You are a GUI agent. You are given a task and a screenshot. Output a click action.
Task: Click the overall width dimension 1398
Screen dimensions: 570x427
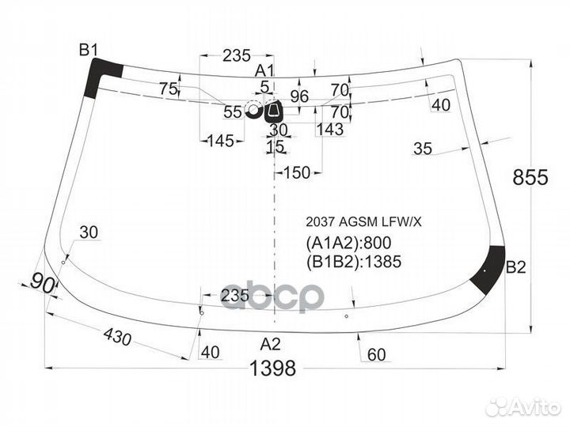[x=272, y=368]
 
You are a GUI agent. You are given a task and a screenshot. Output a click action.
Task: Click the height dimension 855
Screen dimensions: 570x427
[x=530, y=178]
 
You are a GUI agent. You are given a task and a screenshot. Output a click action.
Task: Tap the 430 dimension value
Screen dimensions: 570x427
[x=117, y=337]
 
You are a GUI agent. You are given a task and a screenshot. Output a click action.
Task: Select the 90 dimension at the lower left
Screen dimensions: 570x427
[x=43, y=284]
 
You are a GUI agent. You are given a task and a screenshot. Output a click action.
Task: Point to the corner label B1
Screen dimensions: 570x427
[x=89, y=50]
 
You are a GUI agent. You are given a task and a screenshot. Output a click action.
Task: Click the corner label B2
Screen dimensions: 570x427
[x=516, y=267]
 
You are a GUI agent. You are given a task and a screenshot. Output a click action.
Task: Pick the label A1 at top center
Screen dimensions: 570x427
[x=264, y=70]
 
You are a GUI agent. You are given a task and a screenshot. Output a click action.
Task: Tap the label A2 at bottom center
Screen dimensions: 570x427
[x=271, y=343]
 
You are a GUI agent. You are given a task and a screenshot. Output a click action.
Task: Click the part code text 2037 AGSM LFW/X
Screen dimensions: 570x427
[x=363, y=222]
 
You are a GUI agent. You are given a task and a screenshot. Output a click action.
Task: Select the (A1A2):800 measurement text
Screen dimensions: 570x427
[x=348, y=243]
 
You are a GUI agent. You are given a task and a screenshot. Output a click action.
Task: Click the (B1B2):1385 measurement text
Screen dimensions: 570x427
[x=354, y=262]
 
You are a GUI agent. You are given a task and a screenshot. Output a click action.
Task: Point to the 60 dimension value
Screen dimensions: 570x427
[x=376, y=354]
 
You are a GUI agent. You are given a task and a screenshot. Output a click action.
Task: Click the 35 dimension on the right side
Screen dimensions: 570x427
[x=423, y=149]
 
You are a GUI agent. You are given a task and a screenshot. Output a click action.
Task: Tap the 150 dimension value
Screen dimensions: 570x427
[x=297, y=173]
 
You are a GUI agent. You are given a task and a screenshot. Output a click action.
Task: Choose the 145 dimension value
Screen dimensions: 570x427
[x=220, y=141]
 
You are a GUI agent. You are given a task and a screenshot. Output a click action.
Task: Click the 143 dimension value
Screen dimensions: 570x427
[x=330, y=129]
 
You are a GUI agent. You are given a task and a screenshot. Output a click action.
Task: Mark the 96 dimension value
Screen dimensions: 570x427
[x=299, y=96]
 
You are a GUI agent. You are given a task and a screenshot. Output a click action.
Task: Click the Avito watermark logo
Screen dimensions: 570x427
[x=523, y=407]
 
